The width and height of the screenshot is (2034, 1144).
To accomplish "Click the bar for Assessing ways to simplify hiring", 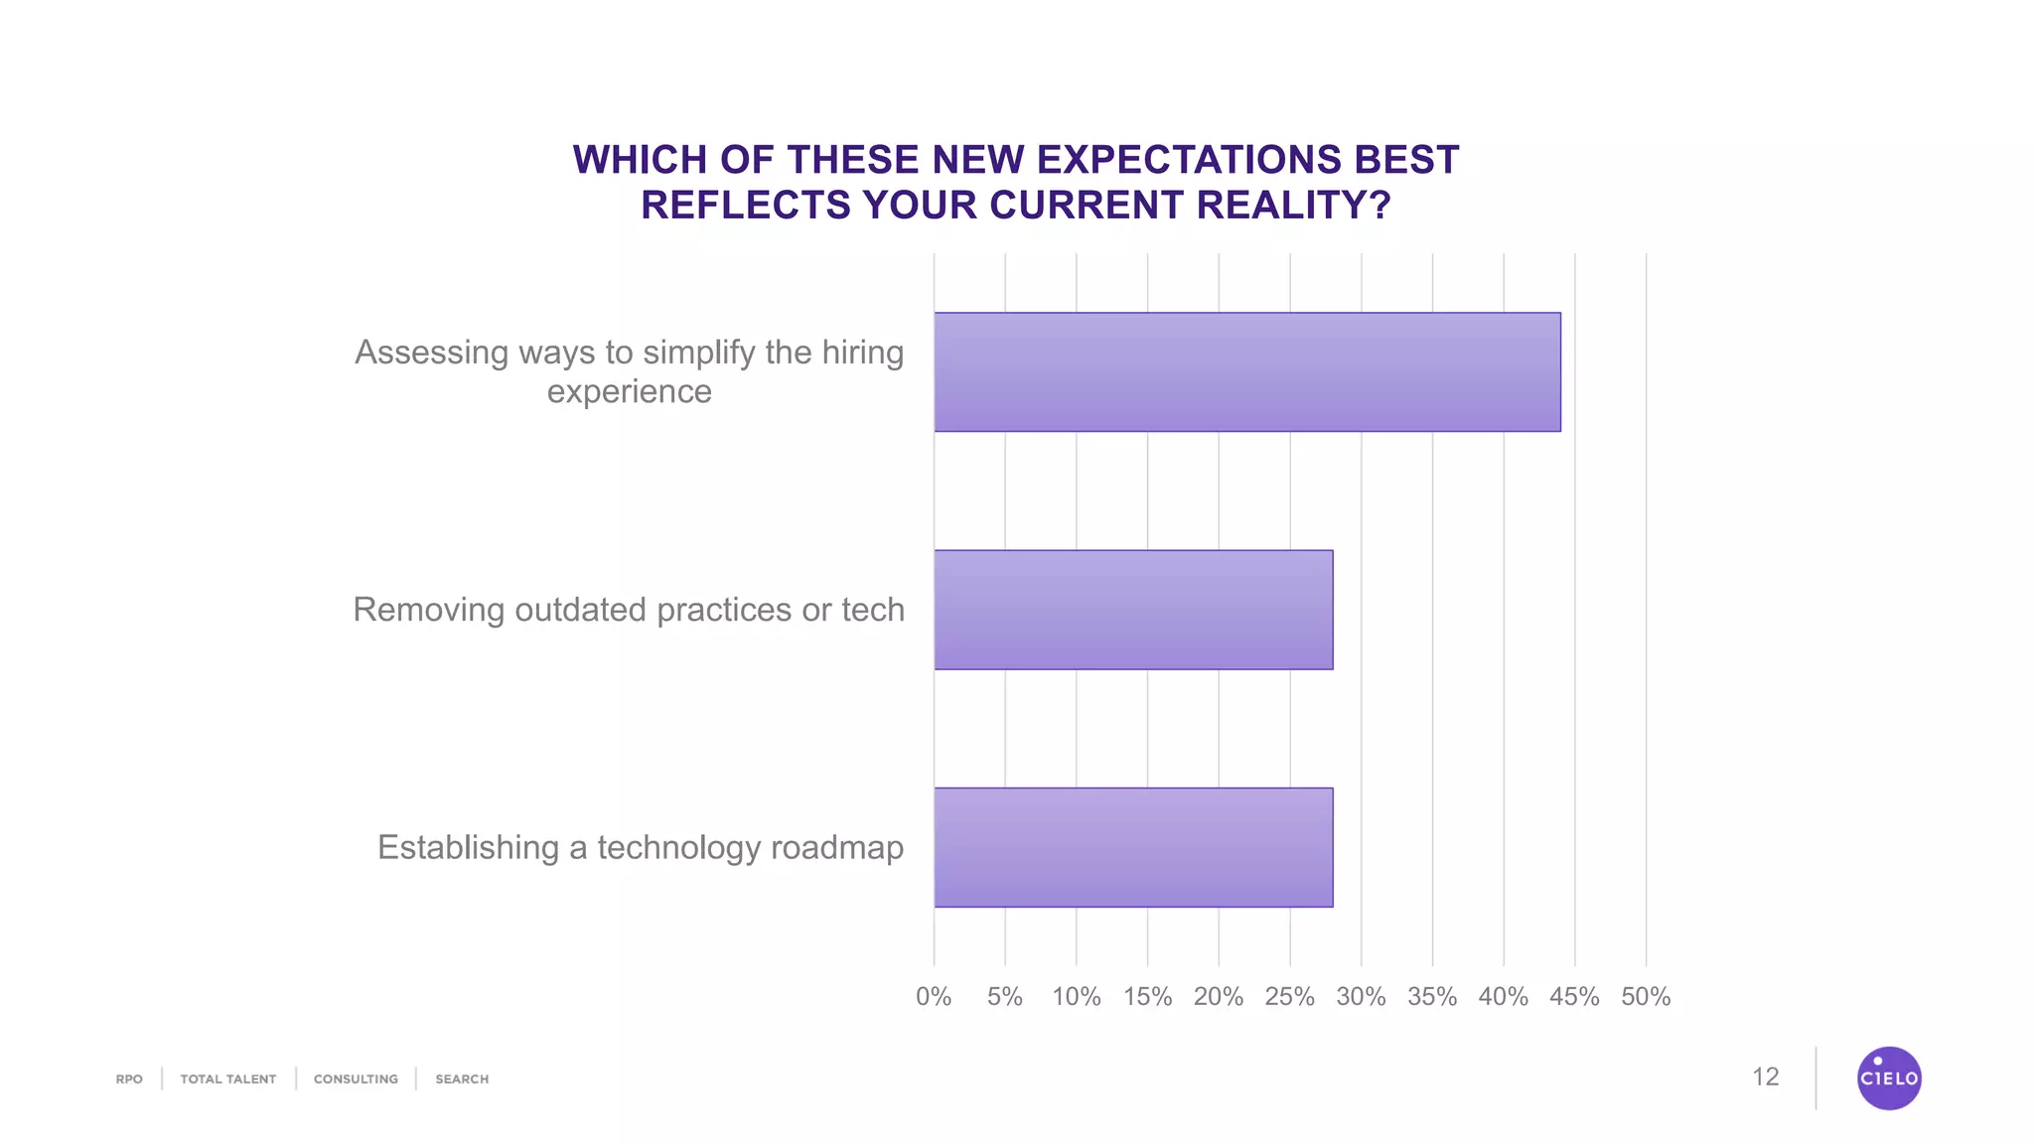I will [x=1246, y=372].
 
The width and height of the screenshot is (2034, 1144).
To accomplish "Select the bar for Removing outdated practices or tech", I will [x=1133, y=610].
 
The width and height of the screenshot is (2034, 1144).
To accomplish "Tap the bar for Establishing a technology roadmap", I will [x=1133, y=847].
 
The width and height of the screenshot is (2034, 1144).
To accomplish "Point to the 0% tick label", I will [x=934, y=996].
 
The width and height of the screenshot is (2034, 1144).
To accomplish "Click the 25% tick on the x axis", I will [x=1289, y=996].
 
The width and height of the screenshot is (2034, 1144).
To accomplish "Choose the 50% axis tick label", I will [x=1646, y=996].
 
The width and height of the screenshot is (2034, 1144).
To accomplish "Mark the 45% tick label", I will [x=1574, y=996].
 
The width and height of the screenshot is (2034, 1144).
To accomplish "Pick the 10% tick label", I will [x=1077, y=996].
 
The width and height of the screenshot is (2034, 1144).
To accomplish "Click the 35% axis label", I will [x=1432, y=996].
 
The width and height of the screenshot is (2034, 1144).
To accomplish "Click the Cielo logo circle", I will [x=1889, y=1077].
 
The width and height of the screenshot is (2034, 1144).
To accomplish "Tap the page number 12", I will [x=1765, y=1076].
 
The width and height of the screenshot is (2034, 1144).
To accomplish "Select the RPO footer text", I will [x=129, y=1078].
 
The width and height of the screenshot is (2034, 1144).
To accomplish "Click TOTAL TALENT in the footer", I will [x=228, y=1078].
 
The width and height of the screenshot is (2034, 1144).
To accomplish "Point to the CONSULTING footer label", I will [x=356, y=1078].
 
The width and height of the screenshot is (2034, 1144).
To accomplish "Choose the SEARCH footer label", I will [x=462, y=1078].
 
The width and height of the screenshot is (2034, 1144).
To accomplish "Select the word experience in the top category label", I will [x=629, y=391].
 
